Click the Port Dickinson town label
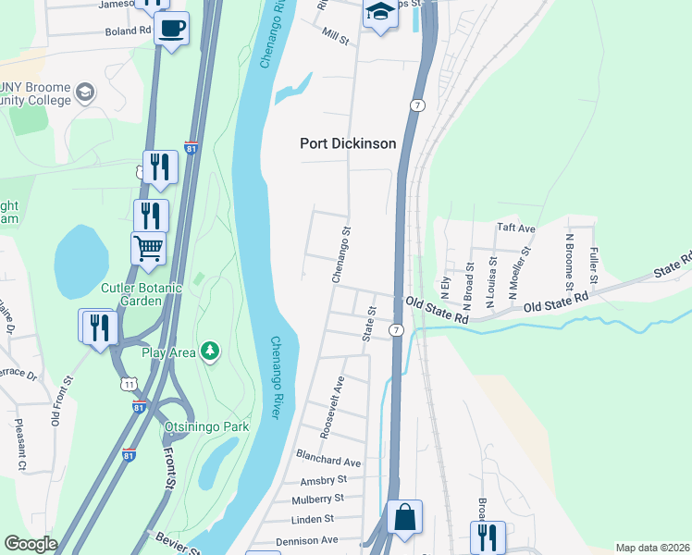click(x=348, y=143)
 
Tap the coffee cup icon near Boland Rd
click(x=171, y=29)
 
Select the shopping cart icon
click(x=148, y=248)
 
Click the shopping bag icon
click(x=404, y=517)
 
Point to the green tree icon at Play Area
click(x=212, y=350)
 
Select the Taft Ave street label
click(x=516, y=228)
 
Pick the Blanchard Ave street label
click(x=327, y=461)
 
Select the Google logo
click(x=31, y=544)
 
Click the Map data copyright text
click(x=652, y=548)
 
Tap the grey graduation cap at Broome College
click(x=85, y=92)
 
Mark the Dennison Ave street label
click(x=307, y=540)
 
